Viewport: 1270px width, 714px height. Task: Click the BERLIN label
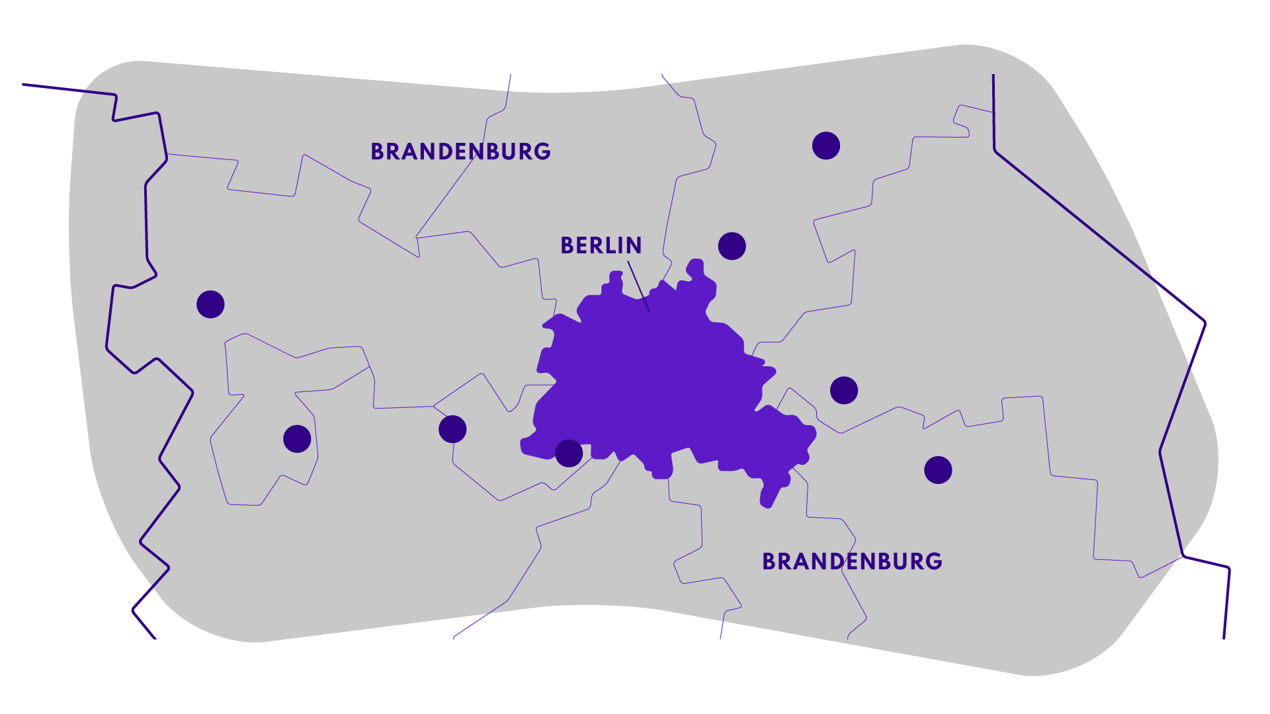coord(601,245)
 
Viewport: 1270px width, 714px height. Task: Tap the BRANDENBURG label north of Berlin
coord(460,151)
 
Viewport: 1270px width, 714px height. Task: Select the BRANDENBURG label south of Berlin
coord(852,561)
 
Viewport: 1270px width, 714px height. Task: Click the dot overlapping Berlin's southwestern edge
coord(569,454)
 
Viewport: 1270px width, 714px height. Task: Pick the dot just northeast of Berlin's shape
coord(732,246)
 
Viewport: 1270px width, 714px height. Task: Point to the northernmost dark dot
coord(826,145)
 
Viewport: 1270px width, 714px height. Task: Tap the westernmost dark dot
coord(210,304)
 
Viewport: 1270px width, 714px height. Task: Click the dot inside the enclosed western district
coord(297,439)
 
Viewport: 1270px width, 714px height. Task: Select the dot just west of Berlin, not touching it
coord(452,429)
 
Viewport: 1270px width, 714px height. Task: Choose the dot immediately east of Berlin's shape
coord(844,390)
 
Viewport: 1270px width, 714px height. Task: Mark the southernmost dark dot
coord(938,470)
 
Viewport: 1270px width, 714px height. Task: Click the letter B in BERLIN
coord(566,245)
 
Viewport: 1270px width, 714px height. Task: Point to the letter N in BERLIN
coord(634,245)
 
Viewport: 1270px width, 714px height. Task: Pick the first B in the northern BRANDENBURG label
coord(377,151)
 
